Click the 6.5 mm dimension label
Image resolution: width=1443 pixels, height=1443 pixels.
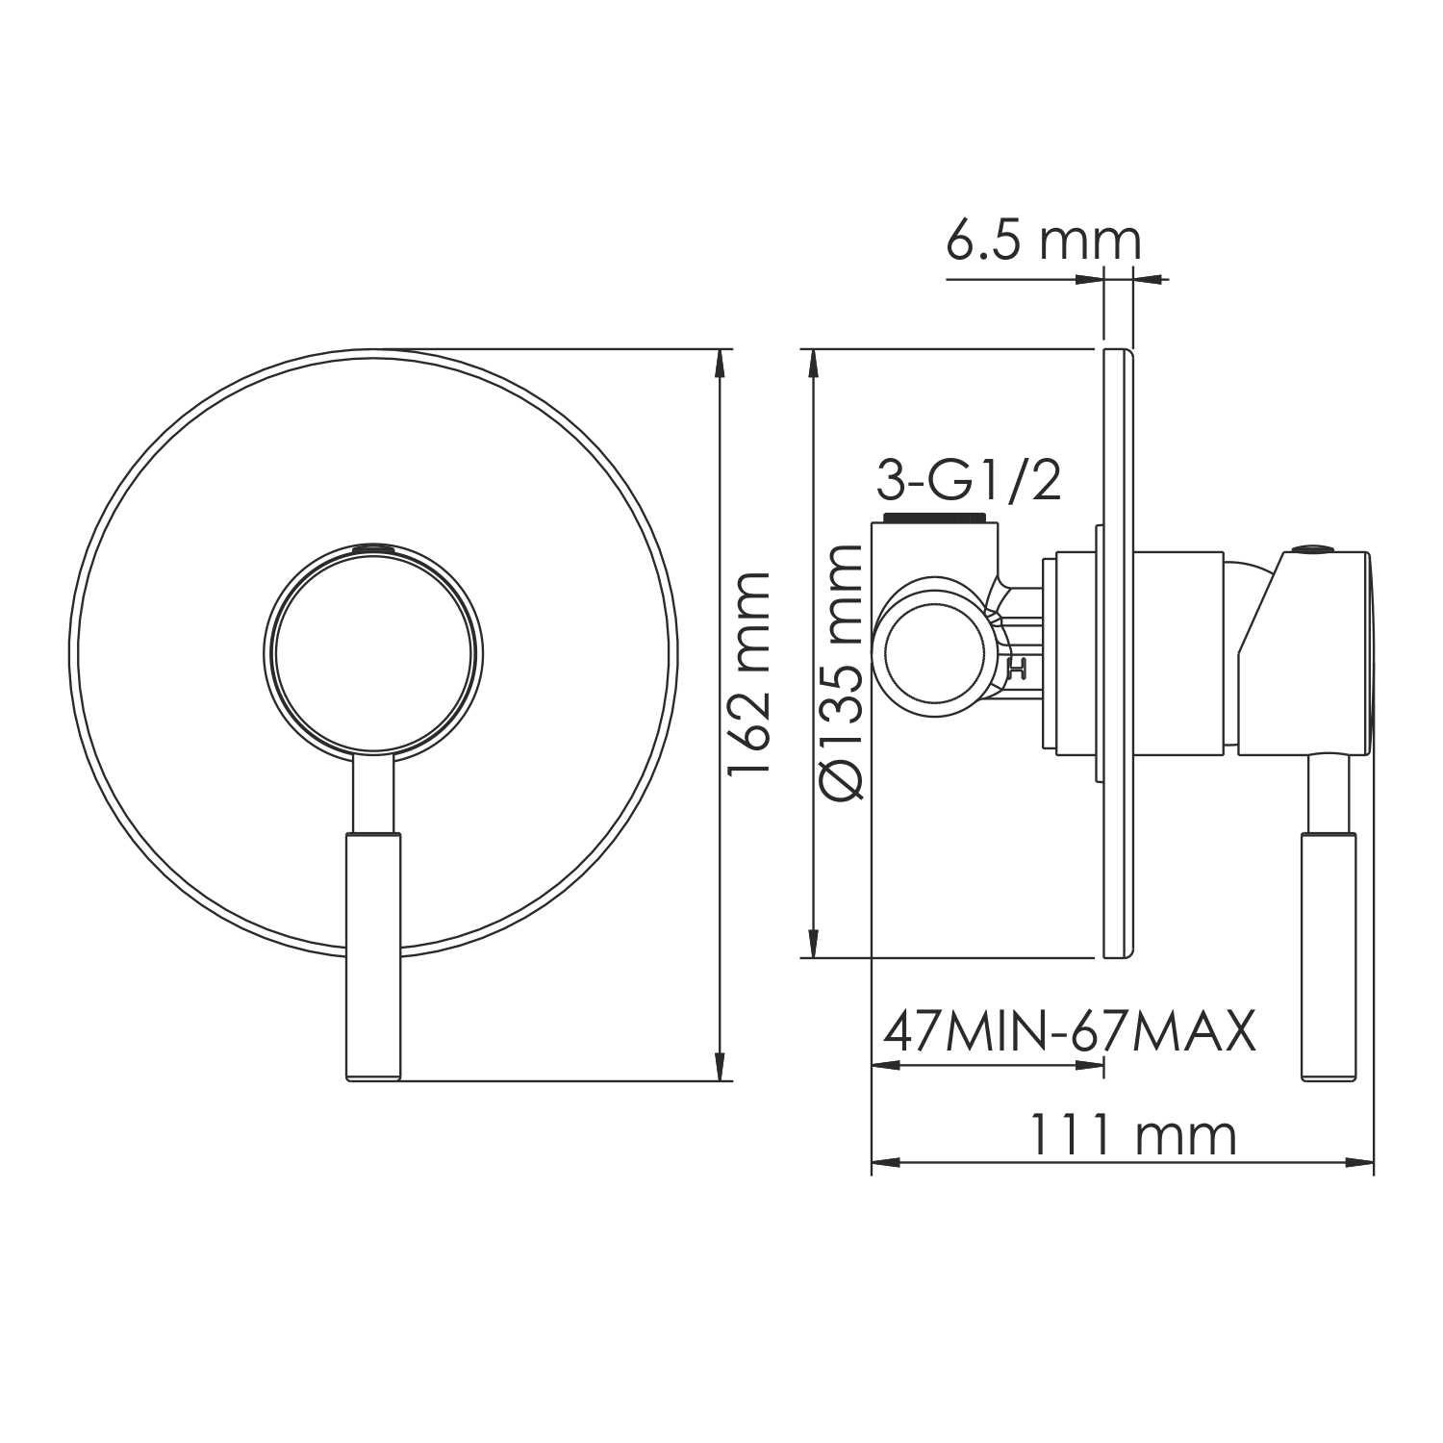coord(1043,240)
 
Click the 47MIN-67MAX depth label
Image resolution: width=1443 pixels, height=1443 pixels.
coord(1069,1032)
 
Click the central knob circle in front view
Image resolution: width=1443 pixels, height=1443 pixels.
coord(373,651)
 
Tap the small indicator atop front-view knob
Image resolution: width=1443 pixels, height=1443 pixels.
coord(373,548)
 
